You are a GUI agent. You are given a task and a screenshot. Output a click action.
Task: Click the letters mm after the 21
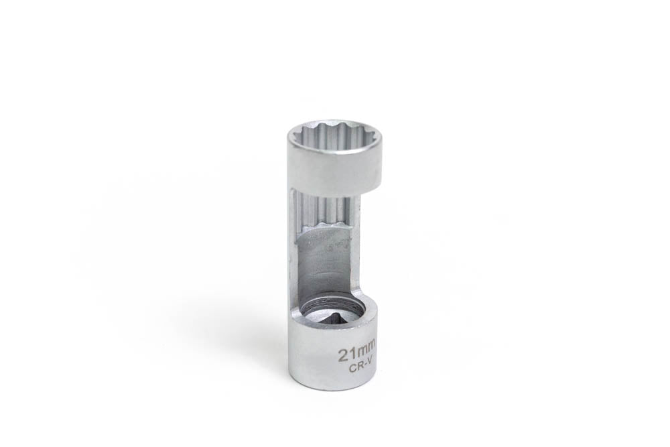pos(364,350)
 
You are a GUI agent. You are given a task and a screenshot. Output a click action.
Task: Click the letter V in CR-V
pos(370,366)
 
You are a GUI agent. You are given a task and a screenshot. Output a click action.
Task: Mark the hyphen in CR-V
pos(364,367)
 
